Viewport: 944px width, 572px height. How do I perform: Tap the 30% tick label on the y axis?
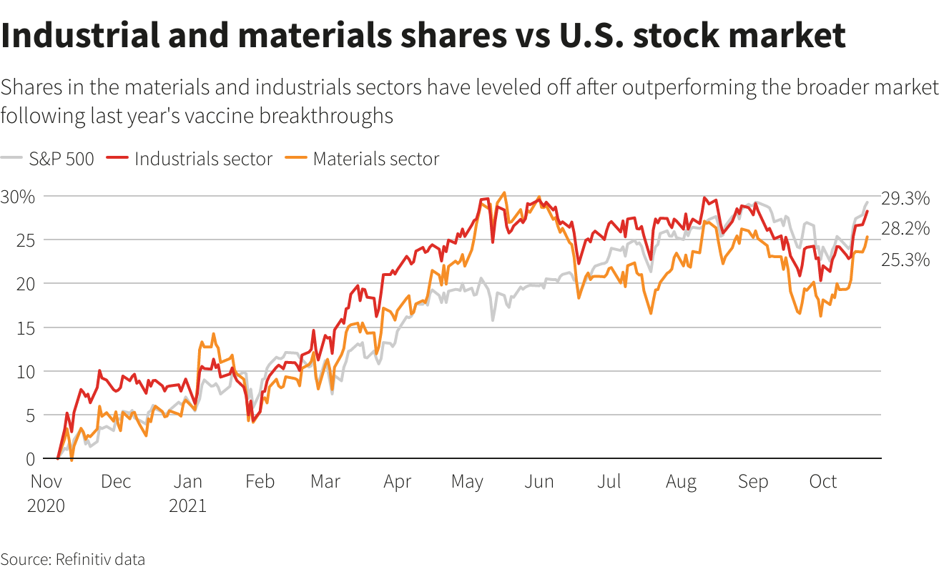pos(18,197)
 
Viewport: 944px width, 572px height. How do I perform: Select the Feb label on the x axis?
pos(260,482)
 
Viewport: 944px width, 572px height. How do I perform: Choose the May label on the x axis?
pos(467,482)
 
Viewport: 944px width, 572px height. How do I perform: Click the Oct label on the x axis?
pos(822,482)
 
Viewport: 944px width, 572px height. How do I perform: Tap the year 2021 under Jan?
pos(187,506)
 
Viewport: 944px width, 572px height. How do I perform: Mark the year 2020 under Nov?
pos(46,506)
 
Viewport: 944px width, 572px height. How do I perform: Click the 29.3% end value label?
pos(905,198)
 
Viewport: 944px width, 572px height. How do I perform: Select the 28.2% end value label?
pos(905,229)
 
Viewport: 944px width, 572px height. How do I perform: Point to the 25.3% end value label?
pos(905,260)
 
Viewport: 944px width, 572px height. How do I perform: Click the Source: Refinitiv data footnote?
pos(72,559)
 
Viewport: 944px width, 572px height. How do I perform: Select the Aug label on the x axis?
pos(681,482)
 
